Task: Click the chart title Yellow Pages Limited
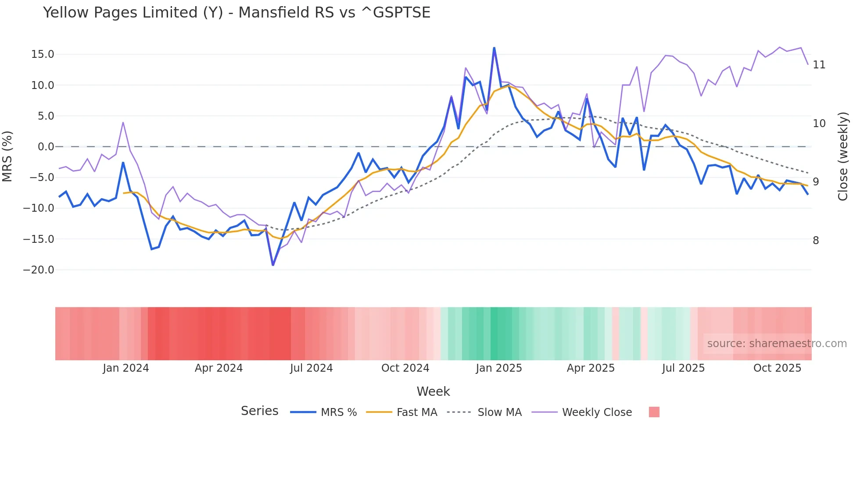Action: tap(236, 13)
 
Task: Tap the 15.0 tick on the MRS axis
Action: tap(43, 54)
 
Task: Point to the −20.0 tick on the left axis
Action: tap(39, 270)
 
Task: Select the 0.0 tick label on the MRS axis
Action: tap(46, 147)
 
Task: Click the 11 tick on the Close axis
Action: tap(819, 65)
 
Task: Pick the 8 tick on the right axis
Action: tap(816, 241)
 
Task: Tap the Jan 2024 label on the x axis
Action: tap(126, 368)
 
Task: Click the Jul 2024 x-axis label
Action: tap(312, 368)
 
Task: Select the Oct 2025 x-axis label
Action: tap(778, 368)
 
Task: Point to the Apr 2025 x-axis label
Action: tap(591, 368)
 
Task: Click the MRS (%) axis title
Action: tap(7, 156)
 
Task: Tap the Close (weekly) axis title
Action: tap(843, 156)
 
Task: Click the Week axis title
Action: tap(433, 391)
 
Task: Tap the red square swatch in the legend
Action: tap(654, 412)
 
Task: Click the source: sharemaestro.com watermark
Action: tap(777, 344)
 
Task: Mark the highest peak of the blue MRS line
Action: tap(494, 48)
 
